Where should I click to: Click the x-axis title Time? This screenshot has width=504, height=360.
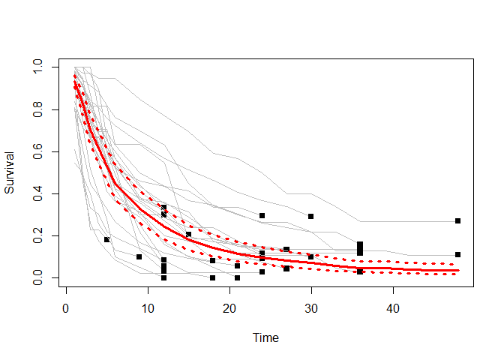click(x=266, y=338)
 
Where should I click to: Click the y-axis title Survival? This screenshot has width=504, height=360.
click(x=10, y=174)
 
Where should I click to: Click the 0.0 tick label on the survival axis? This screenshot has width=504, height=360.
click(x=34, y=278)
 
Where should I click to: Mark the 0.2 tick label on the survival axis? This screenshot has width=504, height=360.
click(x=34, y=236)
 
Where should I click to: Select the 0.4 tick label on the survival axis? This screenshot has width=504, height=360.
click(x=34, y=194)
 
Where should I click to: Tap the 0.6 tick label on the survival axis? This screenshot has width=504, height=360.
click(x=34, y=152)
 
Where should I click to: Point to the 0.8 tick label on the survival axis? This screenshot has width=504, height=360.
click(x=34, y=110)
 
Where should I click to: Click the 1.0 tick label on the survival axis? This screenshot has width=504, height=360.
click(x=34, y=68)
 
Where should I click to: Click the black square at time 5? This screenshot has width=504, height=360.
click(x=106, y=239)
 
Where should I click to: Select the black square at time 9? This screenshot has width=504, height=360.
click(x=139, y=256)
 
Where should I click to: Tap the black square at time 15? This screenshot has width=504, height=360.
click(x=188, y=235)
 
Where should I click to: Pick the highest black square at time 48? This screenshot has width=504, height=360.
click(x=457, y=221)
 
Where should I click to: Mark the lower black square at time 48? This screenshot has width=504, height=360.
click(x=457, y=254)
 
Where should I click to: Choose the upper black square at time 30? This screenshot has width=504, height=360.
click(x=310, y=217)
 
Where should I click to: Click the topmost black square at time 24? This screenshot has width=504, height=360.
click(x=262, y=216)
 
